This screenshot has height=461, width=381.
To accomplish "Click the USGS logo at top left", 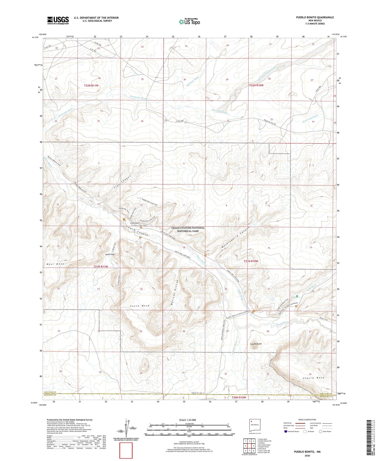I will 58,20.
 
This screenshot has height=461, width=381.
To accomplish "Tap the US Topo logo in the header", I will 189,22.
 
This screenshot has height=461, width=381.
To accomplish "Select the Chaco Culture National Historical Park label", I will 188,229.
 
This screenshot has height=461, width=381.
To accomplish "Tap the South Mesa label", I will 140,306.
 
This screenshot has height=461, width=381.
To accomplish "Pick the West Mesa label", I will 55,264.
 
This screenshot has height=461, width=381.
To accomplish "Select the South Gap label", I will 110,254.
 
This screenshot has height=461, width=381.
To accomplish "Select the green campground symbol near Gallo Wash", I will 297,296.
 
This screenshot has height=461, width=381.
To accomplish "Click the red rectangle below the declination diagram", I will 126,451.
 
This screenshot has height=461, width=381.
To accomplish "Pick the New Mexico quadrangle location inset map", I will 255,426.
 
